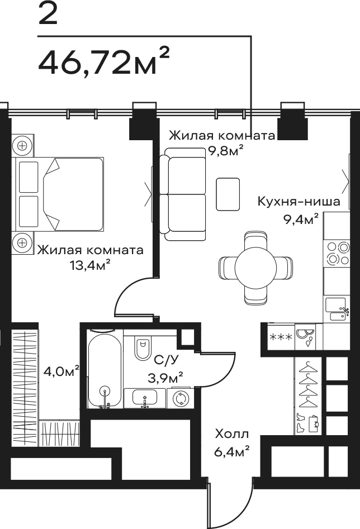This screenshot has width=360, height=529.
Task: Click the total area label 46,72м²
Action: (103, 61)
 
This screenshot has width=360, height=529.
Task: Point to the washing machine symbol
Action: (181, 399)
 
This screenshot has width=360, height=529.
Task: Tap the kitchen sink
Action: (337, 309)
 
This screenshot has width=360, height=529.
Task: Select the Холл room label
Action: (232, 433)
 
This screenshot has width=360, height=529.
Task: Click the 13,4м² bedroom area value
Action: (90, 265)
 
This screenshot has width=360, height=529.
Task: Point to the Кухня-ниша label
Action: (299, 202)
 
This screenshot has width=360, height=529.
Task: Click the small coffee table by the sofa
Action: (228, 194)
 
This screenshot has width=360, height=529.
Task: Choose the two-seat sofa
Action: (183, 194)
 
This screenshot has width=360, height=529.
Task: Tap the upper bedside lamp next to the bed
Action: (22, 146)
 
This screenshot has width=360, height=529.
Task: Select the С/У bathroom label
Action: (166, 360)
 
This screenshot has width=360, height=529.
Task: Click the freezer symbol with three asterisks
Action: (281, 337)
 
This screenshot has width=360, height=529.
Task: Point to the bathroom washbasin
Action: (145, 398)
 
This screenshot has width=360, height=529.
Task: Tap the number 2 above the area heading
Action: (48, 13)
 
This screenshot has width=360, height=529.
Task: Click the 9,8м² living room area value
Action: (226, 151)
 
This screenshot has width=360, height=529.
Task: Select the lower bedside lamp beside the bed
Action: (22, 242)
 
